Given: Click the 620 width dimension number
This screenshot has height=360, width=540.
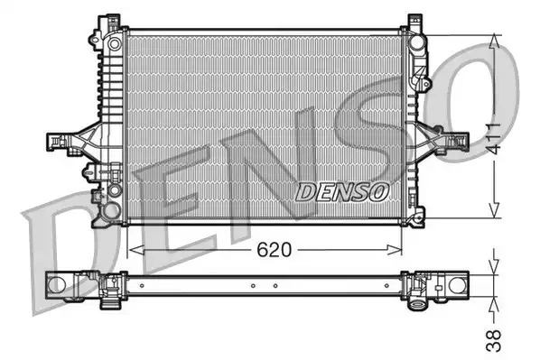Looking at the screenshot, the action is point(275,250).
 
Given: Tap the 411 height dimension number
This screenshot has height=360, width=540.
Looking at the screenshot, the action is point(495,138).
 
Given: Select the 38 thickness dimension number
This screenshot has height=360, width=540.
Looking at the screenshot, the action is point(493,341).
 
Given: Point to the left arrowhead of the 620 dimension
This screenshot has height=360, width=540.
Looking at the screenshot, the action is point(136,250).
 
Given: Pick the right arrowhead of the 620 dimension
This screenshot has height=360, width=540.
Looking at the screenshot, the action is point(395,250).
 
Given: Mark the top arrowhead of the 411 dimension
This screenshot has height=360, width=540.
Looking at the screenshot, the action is point(495,42).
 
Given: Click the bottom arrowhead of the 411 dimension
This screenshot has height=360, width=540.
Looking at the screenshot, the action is point(495,210).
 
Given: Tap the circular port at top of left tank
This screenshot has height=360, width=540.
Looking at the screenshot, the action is point(114,43).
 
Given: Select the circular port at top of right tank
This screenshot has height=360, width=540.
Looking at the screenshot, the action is point(416,42).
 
